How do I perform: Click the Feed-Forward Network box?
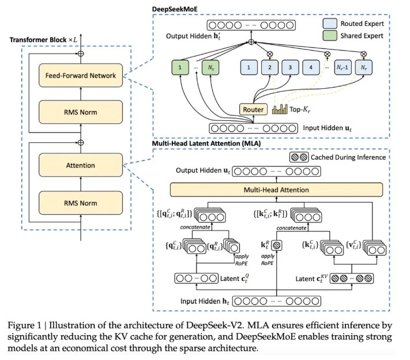point(81,75)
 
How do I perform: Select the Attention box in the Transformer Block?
point(81,165)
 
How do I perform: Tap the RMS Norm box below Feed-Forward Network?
point(81,112)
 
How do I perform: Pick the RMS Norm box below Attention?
point(81,203)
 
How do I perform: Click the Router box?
point(253,109)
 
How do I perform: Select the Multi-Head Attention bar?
point(276,190)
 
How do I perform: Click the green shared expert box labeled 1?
point(180,67)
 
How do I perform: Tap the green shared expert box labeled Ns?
point(210,67)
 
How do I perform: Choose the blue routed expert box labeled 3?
point(290,67)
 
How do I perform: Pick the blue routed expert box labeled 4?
point(311,67)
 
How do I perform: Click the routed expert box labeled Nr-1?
point(343,67)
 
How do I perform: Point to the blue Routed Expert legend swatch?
point(330,24)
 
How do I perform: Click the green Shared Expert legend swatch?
point(330,36)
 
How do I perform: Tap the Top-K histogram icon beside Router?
point(280,109)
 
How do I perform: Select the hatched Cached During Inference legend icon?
point(299,157)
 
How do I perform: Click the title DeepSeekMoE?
point(175,9)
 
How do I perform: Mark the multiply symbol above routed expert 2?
point(270,54)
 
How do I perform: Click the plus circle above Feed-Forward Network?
point(81,54)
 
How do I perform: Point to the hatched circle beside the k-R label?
point(277,245)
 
